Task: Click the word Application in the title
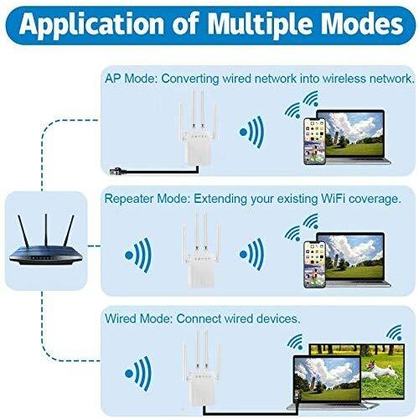pyautogui.click(x=91, y=24)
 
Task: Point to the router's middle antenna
pyautogui.click(x=46, y=230)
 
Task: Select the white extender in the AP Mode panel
pyautogui.click(x=199, y=128)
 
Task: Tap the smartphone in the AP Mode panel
pyautogui.click(x=314, y=141)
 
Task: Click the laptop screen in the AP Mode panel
pyautogui.click(x=354, y=133)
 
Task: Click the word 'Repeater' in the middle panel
pyautogui.click(x=129, y=199)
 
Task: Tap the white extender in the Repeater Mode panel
pyautogui.click(x=201, y=250)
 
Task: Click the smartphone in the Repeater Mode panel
pyautogui.click(x=314, y=264)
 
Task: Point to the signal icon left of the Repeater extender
pyautogui.click(x=138, y=255)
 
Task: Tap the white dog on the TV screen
pyautogui.click(x=380, y=370)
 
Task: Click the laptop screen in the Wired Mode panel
pyautogui.click(x=328, y=380)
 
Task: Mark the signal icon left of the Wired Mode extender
pyautogui.click(x=138, y=374)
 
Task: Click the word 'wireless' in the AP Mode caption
pyautogui.click(x=344, y=79)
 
